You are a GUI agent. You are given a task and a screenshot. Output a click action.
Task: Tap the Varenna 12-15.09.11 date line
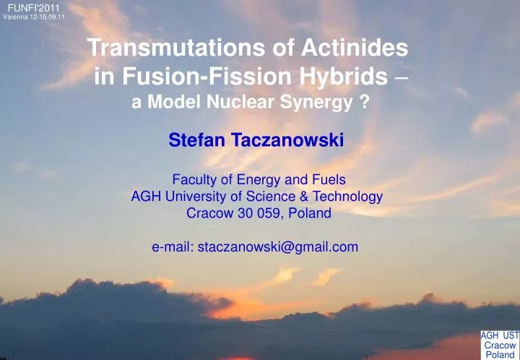[34, 18]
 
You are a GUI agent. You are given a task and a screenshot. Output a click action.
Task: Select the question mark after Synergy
[368, 103]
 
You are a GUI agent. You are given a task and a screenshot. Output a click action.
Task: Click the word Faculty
[194, 179]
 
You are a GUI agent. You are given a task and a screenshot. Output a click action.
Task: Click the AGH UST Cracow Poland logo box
[500, 345]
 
